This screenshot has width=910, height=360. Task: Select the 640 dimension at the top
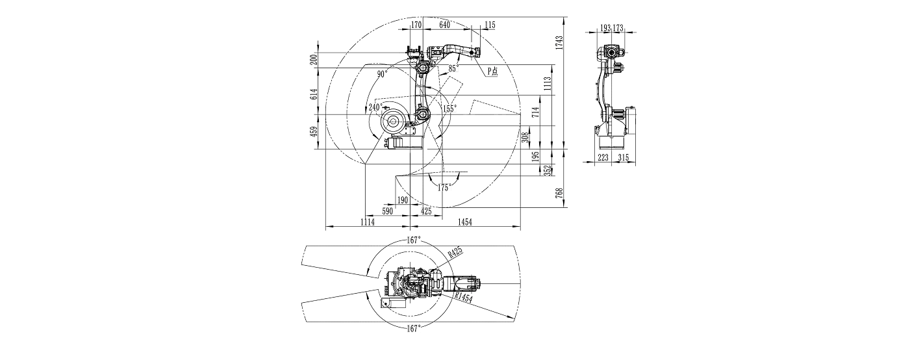(x=445, y=25)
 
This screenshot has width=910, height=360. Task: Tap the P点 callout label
(x=492, y=72)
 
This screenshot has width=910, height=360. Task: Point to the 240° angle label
(x=375, y=107)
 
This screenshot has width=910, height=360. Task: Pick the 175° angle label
(x=444, y=187)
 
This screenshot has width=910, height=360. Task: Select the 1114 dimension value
(x=368, y=222)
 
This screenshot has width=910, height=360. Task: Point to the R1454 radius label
(x=463, y=297)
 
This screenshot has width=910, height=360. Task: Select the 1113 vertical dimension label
(x=548, y=82)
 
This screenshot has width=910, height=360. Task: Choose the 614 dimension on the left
(x=313, y=95)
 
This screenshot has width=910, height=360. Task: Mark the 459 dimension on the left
(x=313, y=132)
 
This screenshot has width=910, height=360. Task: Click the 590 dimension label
(x=387, y=211)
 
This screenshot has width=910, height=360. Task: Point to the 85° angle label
(x=453, y=68)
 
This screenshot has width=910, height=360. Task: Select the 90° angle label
(x=382, y=75)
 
